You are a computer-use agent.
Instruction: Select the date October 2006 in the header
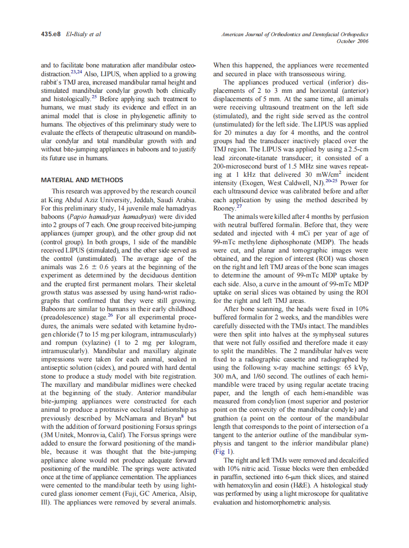tap(352, 41)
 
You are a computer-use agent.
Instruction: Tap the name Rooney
tap(225, 208)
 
